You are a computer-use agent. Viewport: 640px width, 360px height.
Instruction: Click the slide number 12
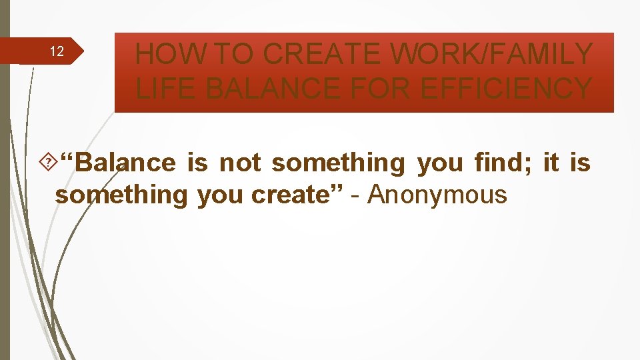[57, 52]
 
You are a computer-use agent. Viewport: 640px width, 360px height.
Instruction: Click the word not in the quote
[240, 163]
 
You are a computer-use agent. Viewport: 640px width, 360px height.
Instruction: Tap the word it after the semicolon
[551, 163]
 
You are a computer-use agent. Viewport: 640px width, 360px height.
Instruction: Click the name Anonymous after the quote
[437, 195]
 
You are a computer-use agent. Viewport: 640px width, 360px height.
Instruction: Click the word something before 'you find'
[338, 163]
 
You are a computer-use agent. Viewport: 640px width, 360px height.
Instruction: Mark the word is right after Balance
[198, 163]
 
